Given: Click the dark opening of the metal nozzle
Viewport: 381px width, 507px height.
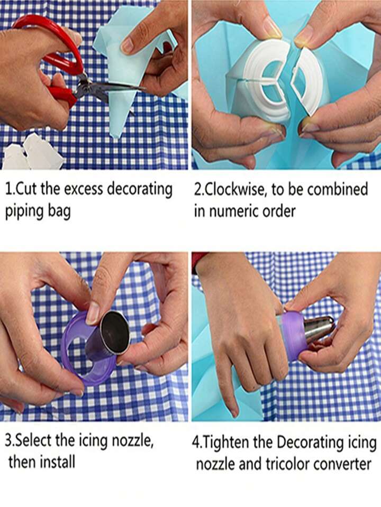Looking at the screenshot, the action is coord(115,331).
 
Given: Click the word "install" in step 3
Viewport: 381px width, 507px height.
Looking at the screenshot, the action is coord(58,462).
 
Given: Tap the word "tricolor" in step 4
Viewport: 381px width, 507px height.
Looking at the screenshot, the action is coord(287,464).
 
